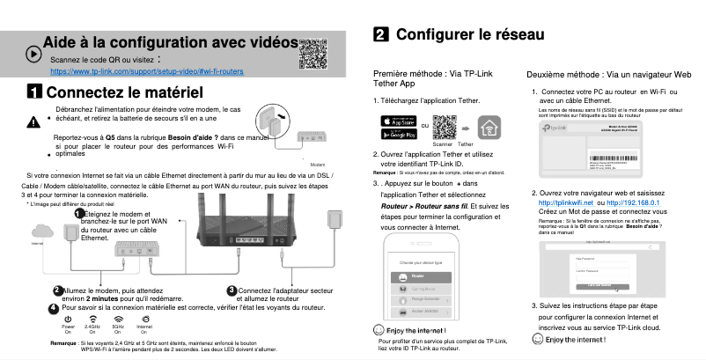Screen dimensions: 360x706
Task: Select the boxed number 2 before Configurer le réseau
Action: [x=382, y=34]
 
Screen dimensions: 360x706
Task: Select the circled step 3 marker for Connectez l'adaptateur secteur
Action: [x=232, y=290]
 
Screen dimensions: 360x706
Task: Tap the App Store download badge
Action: [x=397, y=121]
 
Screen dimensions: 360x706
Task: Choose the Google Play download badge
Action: [x=397, y=135]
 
